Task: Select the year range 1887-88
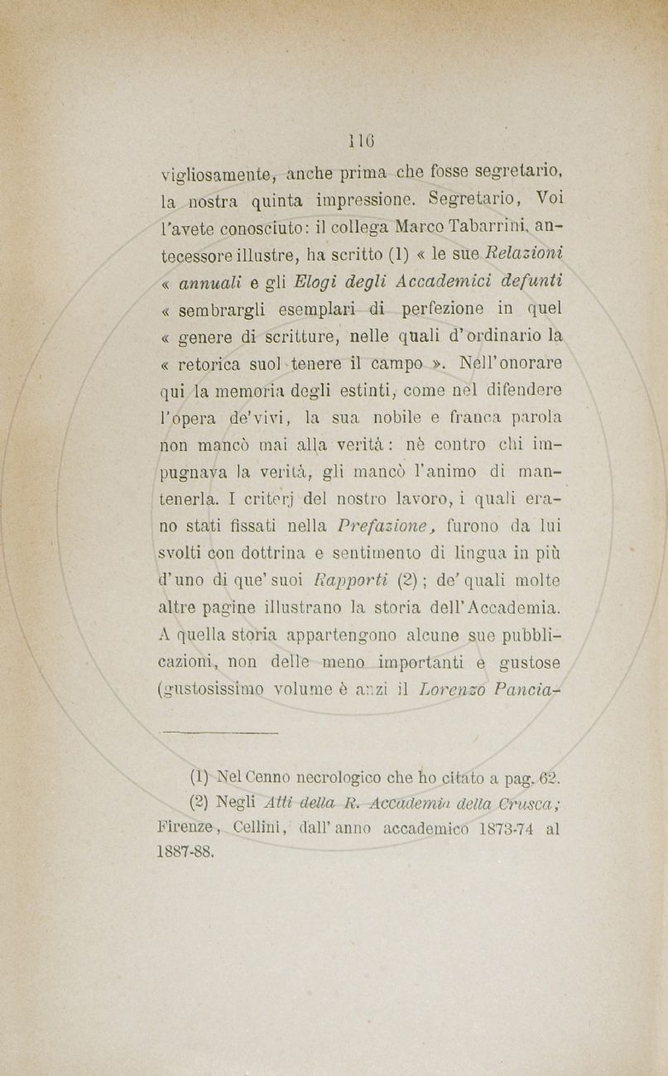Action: click(185, 853)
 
